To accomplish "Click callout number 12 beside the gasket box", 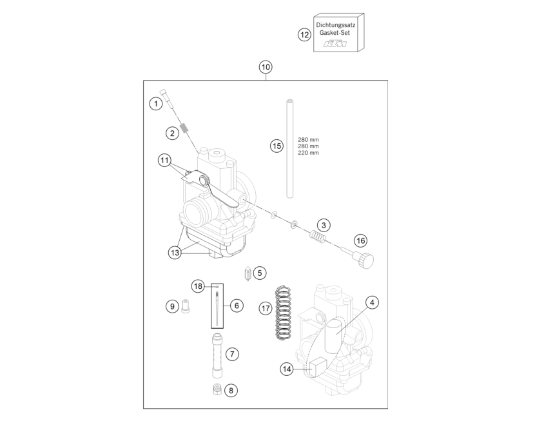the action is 304,34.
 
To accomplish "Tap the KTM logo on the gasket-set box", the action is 335,44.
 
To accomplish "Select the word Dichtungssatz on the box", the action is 335,25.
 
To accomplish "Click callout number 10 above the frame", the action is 266,67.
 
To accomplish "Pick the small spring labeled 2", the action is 184,128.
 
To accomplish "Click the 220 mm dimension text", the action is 308,153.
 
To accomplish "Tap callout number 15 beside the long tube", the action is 277,146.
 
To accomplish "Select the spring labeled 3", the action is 318,237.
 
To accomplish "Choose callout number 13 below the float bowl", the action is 175,253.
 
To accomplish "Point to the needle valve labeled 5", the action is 248,274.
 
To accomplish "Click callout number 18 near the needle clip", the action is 198,286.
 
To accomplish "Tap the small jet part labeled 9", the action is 186,306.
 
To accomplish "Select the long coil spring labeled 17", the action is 283,313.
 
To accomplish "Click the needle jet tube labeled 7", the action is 217,356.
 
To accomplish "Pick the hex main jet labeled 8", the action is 217,389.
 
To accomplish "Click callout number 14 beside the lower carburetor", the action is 287,369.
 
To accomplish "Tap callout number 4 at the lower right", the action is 372,302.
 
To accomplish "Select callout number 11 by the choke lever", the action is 164,161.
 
